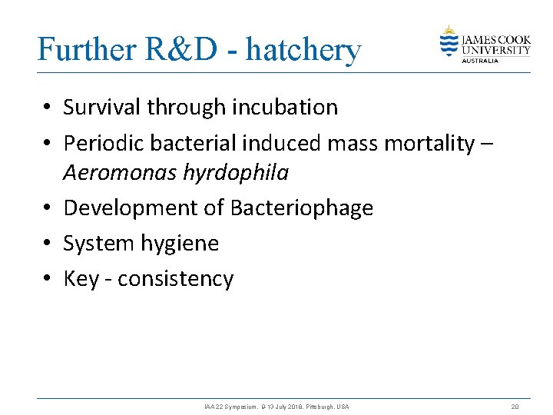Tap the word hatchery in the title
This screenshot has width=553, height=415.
[x=303, y=50]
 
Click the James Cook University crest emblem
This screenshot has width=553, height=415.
[x=449, y=41]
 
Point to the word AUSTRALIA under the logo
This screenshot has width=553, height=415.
[x=480, y=61]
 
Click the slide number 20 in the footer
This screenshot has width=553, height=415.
[x=515, y=407]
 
